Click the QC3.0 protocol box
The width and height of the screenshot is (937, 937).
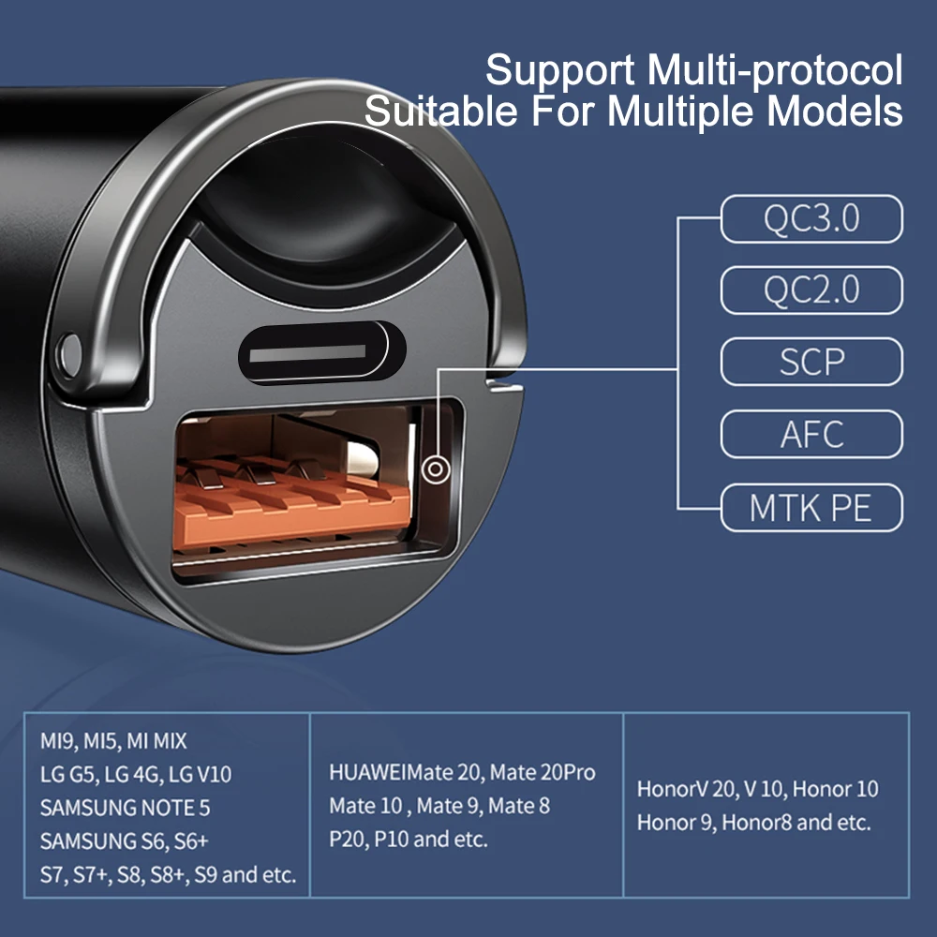(811, 219)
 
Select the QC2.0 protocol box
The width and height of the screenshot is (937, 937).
(811, 290)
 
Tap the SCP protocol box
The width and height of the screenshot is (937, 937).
(811, 362)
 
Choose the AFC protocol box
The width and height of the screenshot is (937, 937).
(811, 434)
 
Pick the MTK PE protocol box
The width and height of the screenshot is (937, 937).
(811, 507)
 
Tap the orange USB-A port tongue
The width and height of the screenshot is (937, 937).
(290, 511)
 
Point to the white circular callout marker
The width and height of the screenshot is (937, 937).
(434, 468)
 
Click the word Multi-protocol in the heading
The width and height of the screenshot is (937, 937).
(774, 71)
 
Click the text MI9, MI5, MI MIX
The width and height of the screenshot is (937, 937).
(113, 741)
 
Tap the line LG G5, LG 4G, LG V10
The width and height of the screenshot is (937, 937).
(136, 775)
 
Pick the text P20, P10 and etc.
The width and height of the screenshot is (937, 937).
(409, 839)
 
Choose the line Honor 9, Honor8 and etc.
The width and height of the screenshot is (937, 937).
(754, 823)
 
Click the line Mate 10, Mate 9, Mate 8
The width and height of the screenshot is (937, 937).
(439, 806)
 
